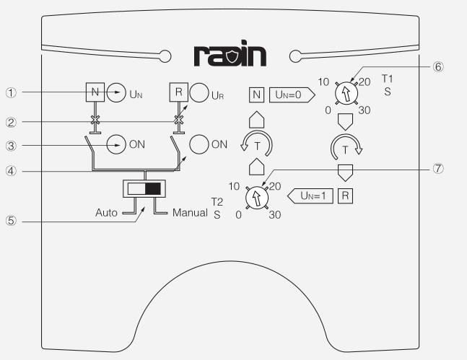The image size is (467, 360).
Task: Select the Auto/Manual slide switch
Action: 145,189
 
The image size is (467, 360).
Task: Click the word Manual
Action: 191,214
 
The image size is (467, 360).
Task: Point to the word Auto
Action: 106,214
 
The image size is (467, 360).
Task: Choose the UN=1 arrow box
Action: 311,196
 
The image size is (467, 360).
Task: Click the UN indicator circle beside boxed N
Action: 115,92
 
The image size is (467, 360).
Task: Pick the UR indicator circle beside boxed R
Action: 198,93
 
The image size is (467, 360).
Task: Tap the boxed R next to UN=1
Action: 346,196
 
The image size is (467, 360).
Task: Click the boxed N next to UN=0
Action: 256,94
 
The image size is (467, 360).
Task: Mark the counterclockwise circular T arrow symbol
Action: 256,144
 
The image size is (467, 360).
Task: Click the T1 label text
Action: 387,79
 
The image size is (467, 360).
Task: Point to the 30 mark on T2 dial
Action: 274,215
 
